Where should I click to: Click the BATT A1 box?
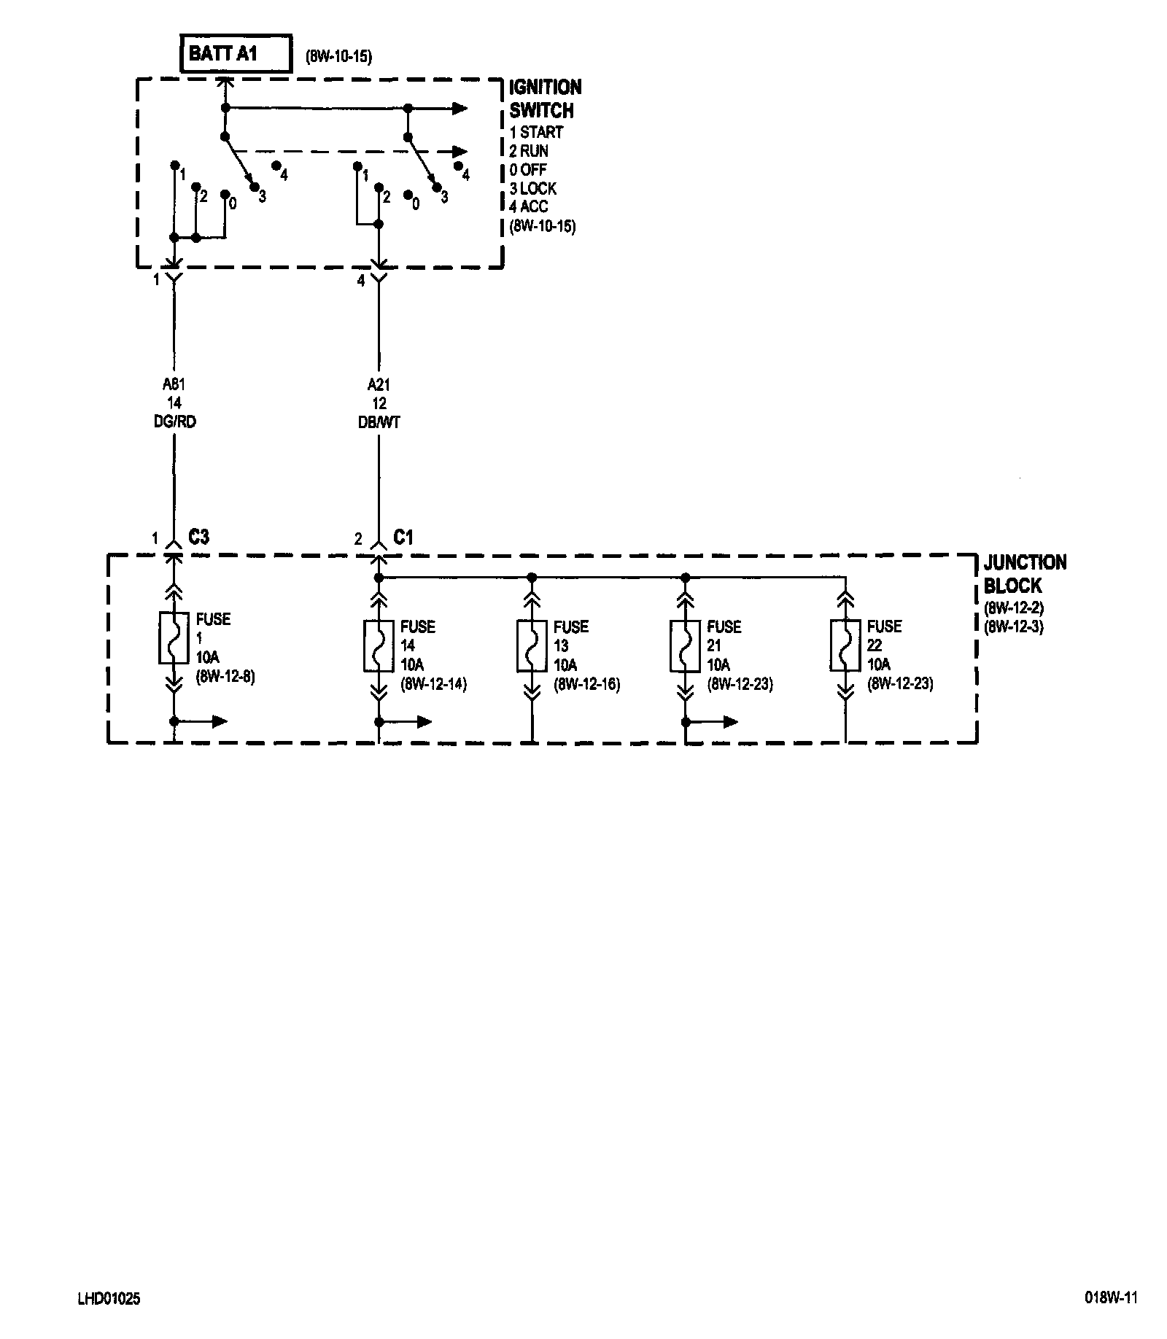click(236, 53)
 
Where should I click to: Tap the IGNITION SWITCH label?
click(545, 98)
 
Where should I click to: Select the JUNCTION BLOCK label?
click(1025, 574)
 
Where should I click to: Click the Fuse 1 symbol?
click(174, 638)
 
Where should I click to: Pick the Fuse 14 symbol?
click(379, 645)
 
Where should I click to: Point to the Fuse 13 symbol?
click(532, 645)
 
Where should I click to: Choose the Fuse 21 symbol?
click(685, 645)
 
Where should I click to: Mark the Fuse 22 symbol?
click(845, 645)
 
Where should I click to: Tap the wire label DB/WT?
click(379, 422)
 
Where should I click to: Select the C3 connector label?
click(198, 537)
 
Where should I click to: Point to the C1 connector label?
click(403, 537)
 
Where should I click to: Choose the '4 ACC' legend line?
click(528, 206)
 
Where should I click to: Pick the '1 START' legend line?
click(536, 132)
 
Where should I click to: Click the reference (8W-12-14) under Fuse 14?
click(433, 684)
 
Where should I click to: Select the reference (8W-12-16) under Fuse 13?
click(586, 684)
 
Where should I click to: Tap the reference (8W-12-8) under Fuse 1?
click(225, 677)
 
